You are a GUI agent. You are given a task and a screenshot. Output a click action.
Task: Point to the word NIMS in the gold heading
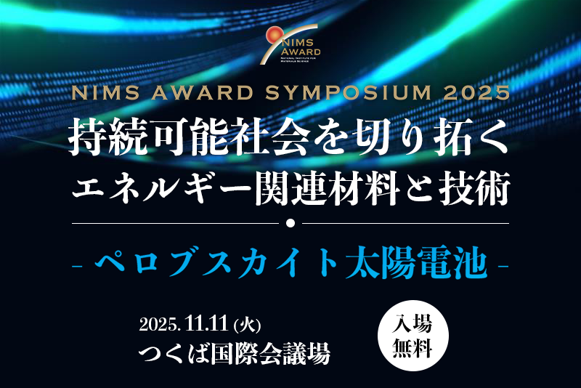pyautogui.click(x=97, y=94)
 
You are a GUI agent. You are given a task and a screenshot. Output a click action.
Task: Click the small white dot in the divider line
pyautogui.click(x=290, y=222)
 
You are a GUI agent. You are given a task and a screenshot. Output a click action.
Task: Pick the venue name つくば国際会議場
pyautogui.click(x=235, y=354)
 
